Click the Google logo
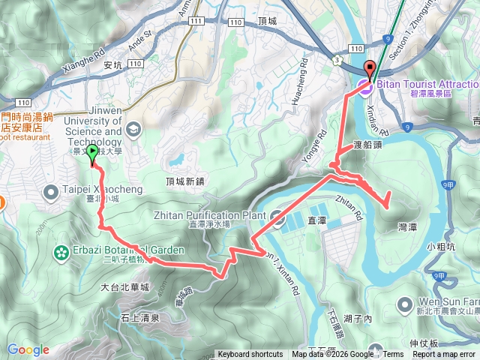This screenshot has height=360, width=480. [28, 349]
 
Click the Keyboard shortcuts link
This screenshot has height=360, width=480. [250, 355]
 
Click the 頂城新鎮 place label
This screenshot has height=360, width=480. [184, 181]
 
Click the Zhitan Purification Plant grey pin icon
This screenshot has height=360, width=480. [277, 219]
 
